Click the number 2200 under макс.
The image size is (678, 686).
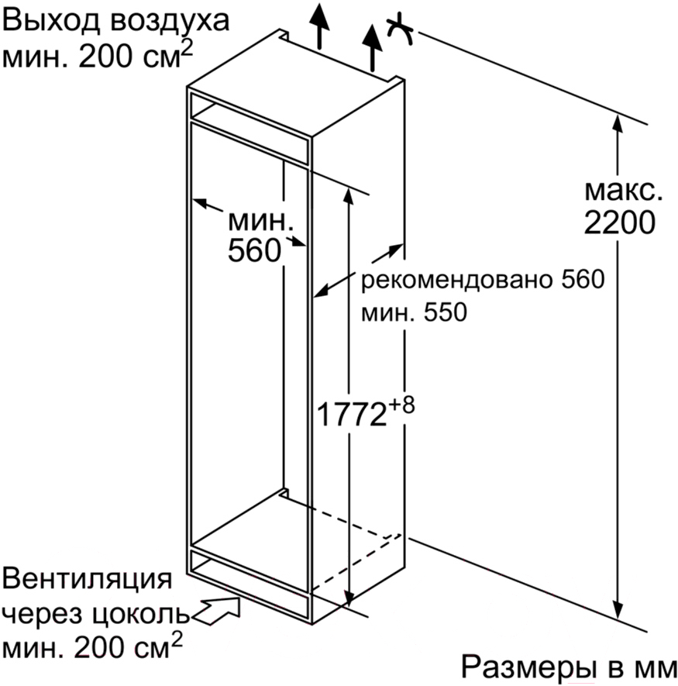tap(619, 222)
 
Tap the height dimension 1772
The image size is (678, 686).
tap(351, 414)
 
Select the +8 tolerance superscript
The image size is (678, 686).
tap(401, 405)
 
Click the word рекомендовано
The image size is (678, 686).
tap(451, 279)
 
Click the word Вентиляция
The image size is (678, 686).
tap(88, 580)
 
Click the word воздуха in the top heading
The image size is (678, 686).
tap(169, 21)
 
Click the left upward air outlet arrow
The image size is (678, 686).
tap(320, 26)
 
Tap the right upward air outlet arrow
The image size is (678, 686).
tap(372, 47)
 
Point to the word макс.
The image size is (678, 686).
tap(623, 191)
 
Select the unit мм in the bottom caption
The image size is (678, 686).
tap(656, 667)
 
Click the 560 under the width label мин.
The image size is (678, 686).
tap(254, 250)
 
